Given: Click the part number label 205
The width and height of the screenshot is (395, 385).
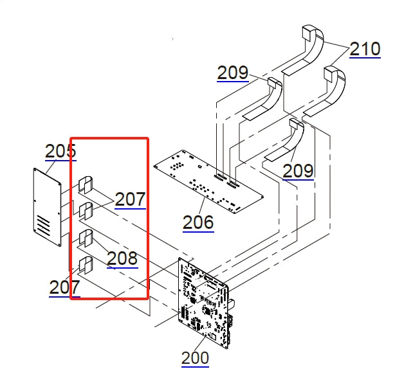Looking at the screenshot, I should pyautogui.click(x=60, y=151).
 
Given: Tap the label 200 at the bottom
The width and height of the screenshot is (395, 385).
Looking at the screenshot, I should pyautogui.click(x=195, y=357).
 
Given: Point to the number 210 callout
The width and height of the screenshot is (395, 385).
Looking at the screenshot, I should pyautogui.click(x=365, y=49).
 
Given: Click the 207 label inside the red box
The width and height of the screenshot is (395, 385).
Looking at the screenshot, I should pyautogui.click(x=130, y=199).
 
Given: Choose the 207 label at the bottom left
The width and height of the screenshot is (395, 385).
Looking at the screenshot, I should pyautogui.click(x=64, y=287).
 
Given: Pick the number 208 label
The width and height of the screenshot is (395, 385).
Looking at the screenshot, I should pyautogui.click(x=122, y=258).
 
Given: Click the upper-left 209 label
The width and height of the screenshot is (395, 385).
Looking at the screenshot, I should pyautogui.click(x=232, y=73).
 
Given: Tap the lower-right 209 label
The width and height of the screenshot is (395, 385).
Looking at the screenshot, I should pyautogui.click(x=298, y=171).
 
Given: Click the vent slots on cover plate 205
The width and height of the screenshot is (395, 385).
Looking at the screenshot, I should pyautogui.click(x=43, y=226).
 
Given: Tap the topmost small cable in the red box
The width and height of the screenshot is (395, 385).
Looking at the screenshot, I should pyautogui.click(x=86, y=185).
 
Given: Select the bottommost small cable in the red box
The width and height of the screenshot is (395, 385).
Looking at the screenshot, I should pyautogui.click(x=86, y=264).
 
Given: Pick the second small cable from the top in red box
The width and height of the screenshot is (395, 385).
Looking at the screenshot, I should pyautogui.click(x=86, y=210).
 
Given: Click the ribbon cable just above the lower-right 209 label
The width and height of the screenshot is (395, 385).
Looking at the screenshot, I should pyautogui.click(x=289, y=140).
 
